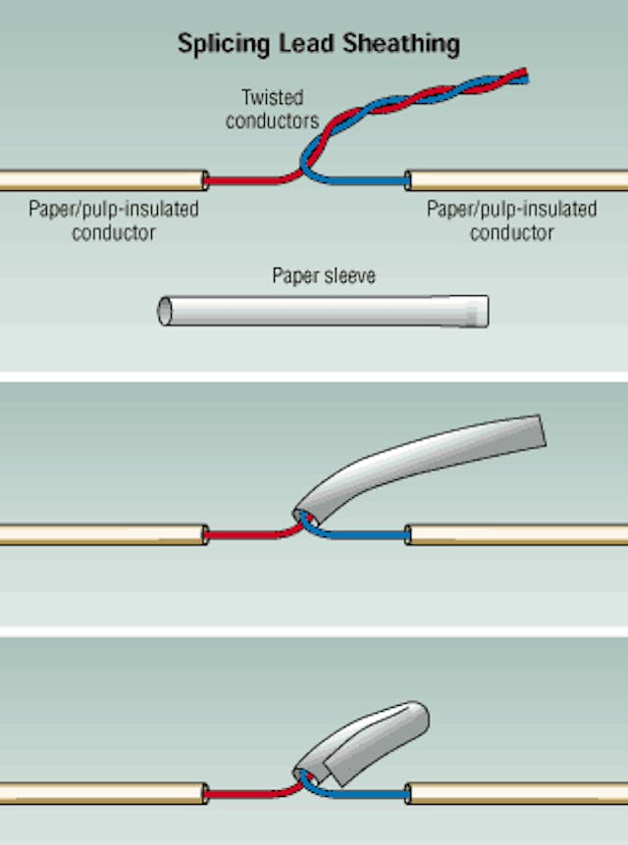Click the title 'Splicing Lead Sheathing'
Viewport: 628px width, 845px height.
point(318,44)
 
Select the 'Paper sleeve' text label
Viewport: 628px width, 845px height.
point(324,276)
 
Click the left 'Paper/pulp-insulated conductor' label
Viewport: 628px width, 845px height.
point(113,221)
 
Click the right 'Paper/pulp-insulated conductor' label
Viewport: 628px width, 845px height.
point(511,221)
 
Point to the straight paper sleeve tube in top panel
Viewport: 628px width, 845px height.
point(324,311)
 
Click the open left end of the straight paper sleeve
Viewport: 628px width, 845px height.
point(165,311)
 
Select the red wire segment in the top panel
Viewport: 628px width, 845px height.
point(245,180)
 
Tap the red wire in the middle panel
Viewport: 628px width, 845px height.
point(245,535)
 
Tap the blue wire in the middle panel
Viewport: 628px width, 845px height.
point(363,535)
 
